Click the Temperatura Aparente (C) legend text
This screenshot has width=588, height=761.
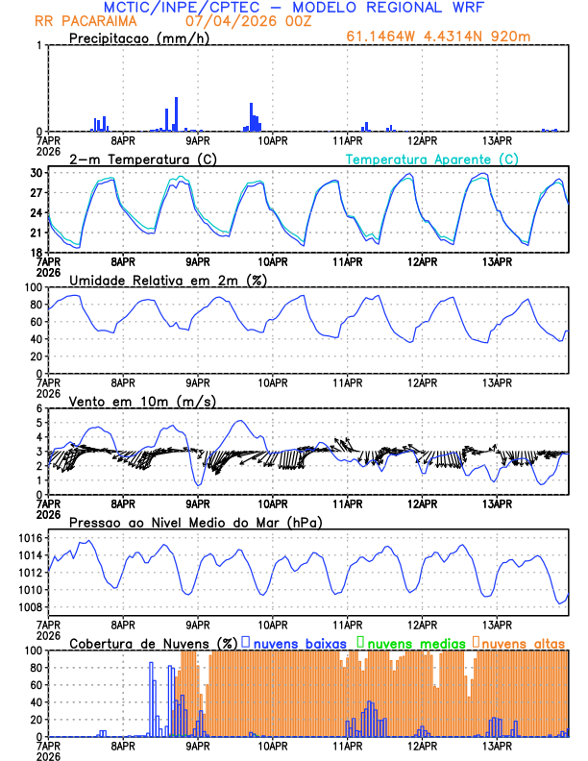coord(431,159)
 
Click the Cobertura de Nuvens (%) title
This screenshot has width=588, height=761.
coord(153,643)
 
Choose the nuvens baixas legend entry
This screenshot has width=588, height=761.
coord(295,643)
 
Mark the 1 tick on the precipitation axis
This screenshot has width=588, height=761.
coord(38,46)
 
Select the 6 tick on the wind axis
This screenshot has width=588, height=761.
coord(38,409)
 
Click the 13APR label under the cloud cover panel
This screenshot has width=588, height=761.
coord(497,745)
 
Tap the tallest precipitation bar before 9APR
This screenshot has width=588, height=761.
coord(176,113)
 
